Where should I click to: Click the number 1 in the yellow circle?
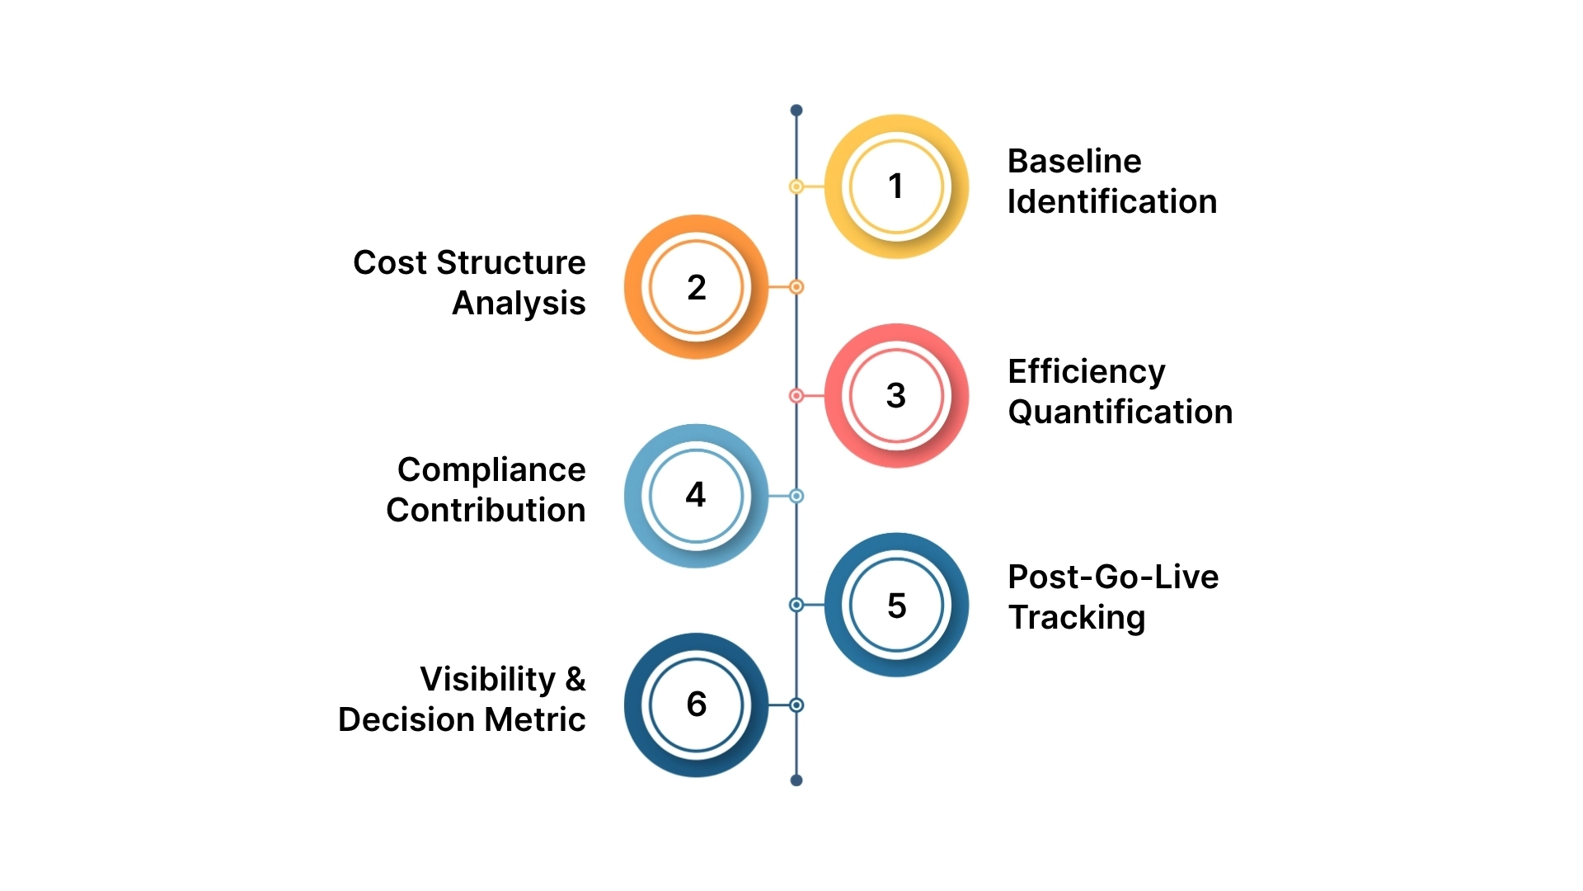pos(895,186)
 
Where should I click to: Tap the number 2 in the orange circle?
pos(697,287)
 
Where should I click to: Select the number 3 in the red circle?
pos(896,395)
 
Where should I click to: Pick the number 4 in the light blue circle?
pos(696,495)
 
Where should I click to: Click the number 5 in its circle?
pos(896,606)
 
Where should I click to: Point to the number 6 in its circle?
pos(697,705)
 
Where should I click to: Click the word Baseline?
pos(1074,162)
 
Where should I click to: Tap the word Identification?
pos(1111,202)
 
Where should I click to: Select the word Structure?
pos(511,263)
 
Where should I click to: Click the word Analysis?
pos(519,304)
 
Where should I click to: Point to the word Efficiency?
pos(1086,372)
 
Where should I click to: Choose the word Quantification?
pos(1120,412)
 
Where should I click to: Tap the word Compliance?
pos(491,470)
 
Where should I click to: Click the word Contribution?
pos(486,511)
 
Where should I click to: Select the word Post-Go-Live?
pos(1113,577)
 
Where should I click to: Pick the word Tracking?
pos(1076,618)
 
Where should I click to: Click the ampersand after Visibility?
pos(575,680)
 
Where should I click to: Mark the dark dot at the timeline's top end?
pos(796,111)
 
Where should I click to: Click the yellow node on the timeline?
pos(796,187)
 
